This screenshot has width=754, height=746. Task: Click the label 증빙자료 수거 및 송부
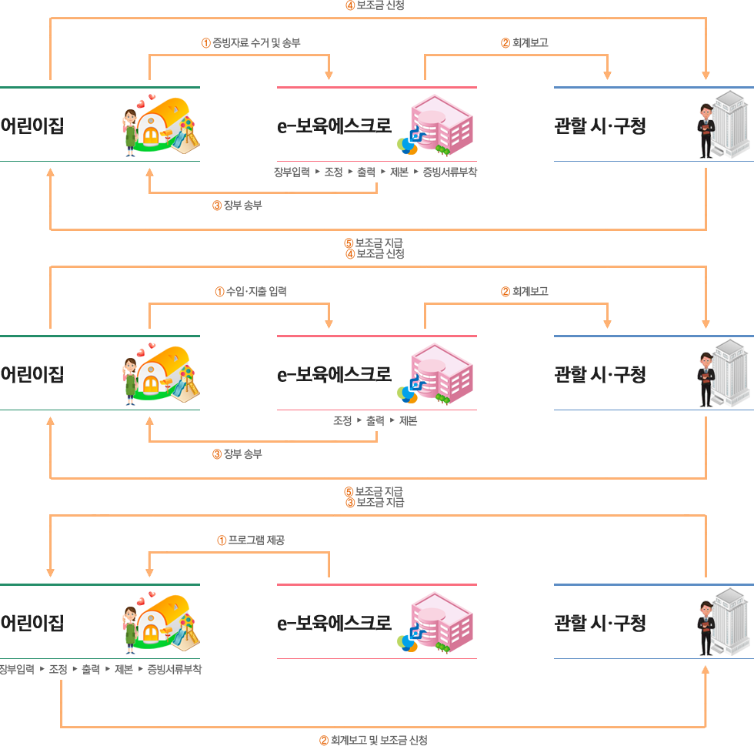[x=251, y=43]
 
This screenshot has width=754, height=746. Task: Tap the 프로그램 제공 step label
[x=251, y=540]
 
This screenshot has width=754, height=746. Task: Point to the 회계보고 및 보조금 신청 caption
[x=373, y=740]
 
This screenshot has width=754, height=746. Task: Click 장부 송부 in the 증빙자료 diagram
[x=238, y=206]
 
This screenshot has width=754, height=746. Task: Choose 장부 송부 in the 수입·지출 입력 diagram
[x=238, y=454]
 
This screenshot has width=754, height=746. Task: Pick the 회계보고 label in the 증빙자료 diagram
[x=525, y=43]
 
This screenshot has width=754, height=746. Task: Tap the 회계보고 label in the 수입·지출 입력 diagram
[x=525, y=292]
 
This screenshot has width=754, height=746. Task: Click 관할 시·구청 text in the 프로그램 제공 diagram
[x=600, y=623]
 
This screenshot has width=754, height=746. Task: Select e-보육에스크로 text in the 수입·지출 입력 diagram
[x=334, y=375]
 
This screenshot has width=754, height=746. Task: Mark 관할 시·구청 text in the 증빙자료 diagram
[x=600, y=126]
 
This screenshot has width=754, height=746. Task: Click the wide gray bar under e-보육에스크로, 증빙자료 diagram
[x=375, y=172]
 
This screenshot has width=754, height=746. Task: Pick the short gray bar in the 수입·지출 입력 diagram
[x=375, y=421]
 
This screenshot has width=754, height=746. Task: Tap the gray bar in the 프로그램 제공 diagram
[x=101, y=669]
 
